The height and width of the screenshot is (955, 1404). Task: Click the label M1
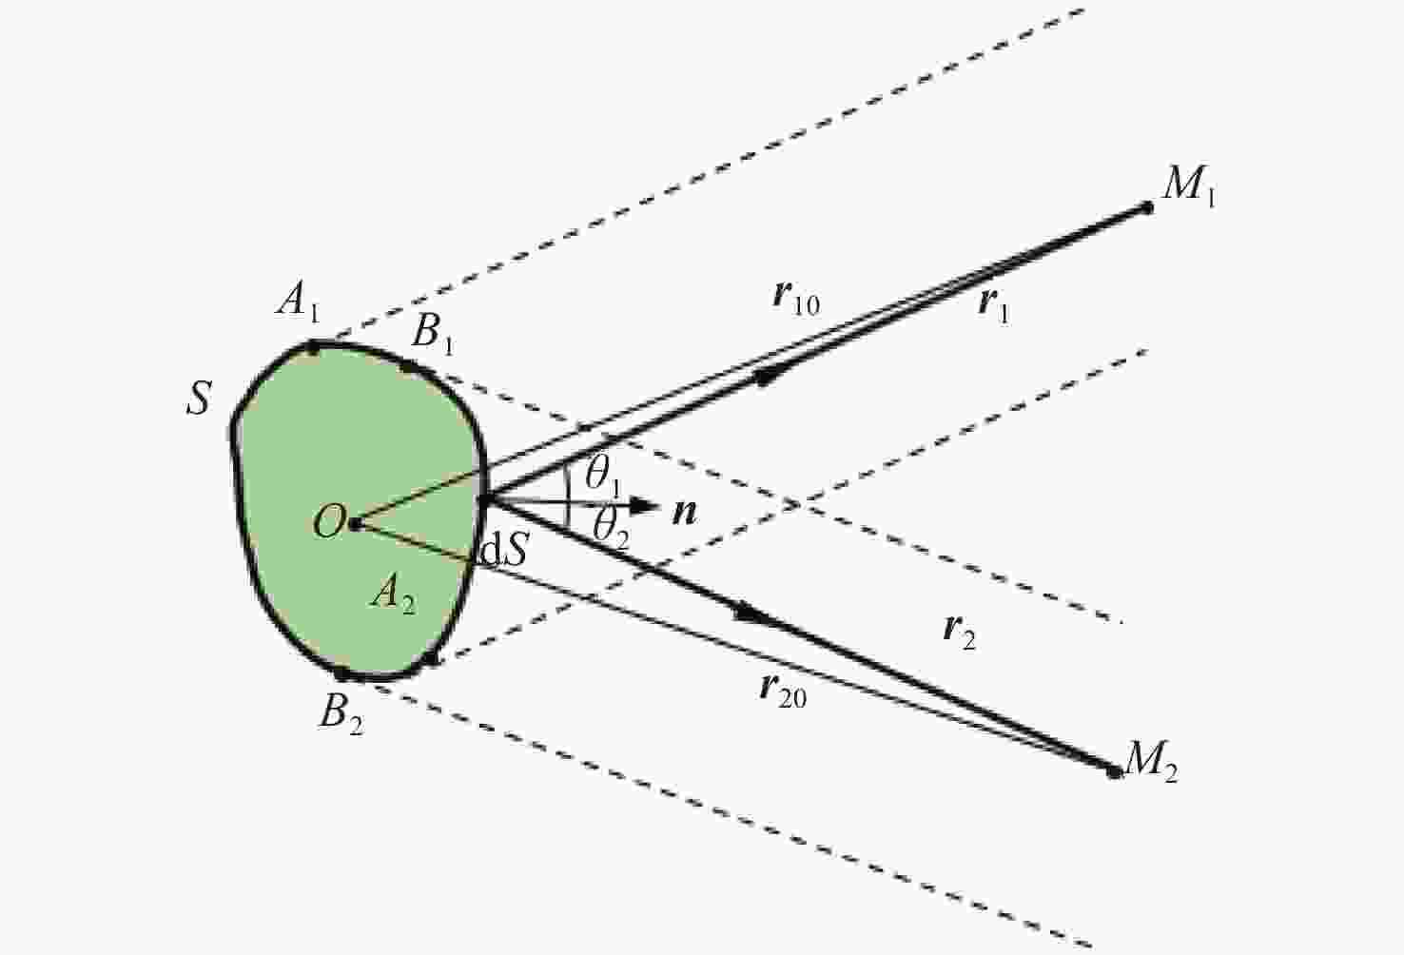pyautogui.click(x=1189, y=185)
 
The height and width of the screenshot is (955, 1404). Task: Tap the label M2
pyautogui.click(x=1151, y=761)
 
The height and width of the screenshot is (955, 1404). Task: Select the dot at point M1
pyautogui.click(x=1146, y=207)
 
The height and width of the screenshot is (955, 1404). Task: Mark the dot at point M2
pyautogui.click(x=1114, y=772)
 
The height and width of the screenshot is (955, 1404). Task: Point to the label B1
pyautogui.click(x=433, y=333)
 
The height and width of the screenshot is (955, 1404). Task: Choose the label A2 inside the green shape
pyautogui.click(x=393, y=594)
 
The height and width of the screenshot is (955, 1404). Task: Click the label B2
pyautogui.click(x=341, y=714)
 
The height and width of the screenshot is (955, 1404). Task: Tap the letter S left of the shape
pyautogui.click(x=199, y=398)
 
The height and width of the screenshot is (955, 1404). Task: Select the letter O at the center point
pyautogui.click(x=328, y=521)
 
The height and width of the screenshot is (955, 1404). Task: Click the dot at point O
pyautogui.click(x=356, y=523)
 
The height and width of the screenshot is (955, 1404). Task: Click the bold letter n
pyautogui.click(x=685, y=513)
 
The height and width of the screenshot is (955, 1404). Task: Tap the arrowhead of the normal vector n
pyautogui.click(x=644, y=505)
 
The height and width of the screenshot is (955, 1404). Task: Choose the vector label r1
pyautogui.click(x=993, y=306)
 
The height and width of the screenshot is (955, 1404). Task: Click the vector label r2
pyautogui.click(x=960, y=633)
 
